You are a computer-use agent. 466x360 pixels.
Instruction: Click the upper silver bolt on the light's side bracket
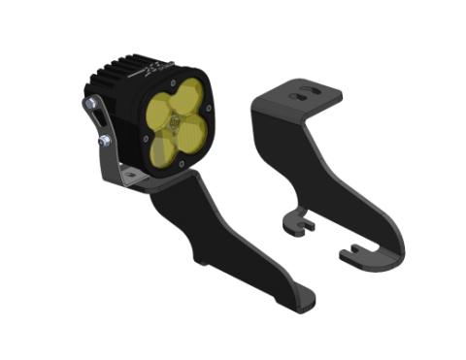pyautogui.click(x=90, y=104)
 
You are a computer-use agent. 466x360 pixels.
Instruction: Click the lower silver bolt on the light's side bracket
pyautogui.click(x=103, y=142)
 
